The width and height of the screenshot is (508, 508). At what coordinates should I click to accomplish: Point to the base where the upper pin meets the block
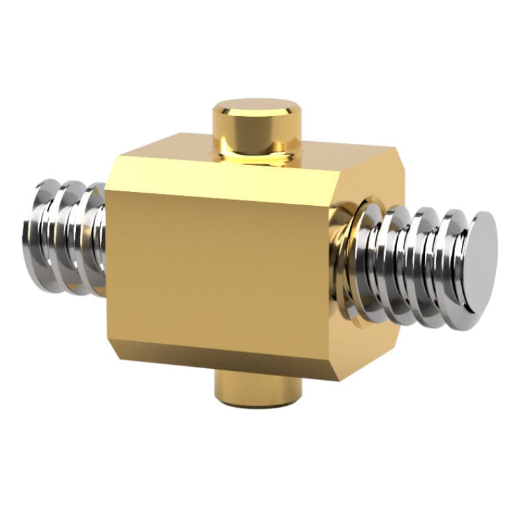point(257,158)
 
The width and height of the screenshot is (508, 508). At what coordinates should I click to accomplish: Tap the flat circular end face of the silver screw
point(480,260)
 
